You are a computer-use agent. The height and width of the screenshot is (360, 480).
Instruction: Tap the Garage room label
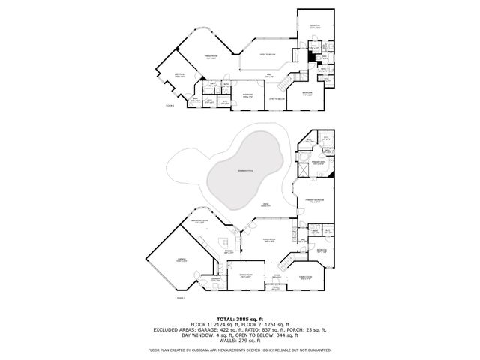coord(181,259)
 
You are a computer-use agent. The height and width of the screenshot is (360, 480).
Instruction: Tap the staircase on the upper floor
coord(295,76)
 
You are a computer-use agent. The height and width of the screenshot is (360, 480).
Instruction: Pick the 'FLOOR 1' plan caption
coord(159,297)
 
